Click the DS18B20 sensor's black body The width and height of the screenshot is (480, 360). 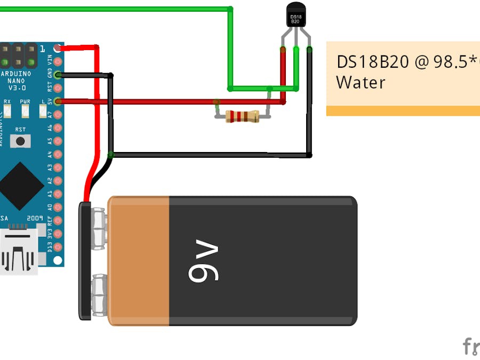click(297, 15)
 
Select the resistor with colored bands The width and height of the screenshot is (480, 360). click(242, 116)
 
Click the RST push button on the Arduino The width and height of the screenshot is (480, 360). click(20, 141)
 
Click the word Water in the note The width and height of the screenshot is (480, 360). click(360, 83)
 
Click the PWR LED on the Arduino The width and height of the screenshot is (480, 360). click(25, 111)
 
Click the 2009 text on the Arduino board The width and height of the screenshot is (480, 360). click(35, 219)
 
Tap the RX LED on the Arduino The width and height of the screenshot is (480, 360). click(7, 111)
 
